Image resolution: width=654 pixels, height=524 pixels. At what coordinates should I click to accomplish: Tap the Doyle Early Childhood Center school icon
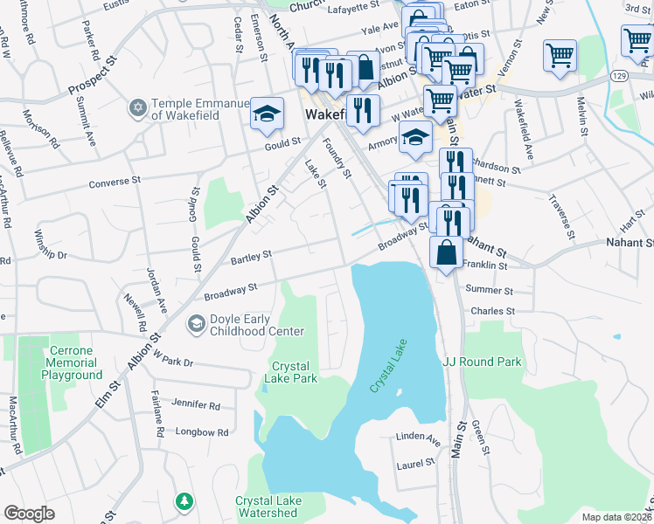197,325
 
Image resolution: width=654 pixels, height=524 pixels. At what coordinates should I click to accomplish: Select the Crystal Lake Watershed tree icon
184,501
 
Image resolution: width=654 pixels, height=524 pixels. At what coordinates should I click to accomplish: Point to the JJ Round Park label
482,362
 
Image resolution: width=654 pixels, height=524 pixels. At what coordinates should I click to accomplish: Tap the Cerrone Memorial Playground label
72,369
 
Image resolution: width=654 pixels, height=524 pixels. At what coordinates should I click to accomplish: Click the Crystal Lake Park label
295,372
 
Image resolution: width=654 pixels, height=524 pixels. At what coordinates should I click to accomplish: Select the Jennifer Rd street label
196,406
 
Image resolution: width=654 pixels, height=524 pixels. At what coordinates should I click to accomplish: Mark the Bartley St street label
252,255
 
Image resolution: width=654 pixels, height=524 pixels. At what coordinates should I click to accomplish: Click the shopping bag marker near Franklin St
447,252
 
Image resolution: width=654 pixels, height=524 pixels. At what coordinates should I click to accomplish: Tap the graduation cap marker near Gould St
267,114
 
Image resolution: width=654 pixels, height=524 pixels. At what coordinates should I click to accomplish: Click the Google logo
29,514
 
